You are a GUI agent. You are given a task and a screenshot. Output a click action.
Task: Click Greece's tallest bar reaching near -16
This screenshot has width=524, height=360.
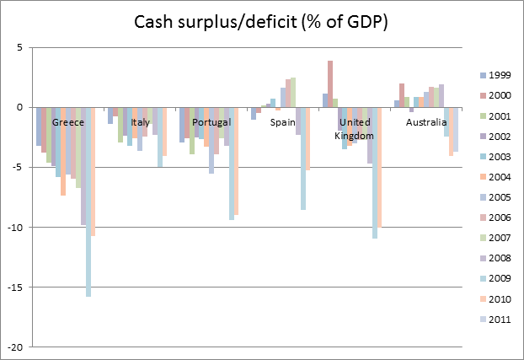click(88, 202)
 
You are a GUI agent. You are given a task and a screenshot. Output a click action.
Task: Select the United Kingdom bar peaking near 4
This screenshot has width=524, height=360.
click(330, 84)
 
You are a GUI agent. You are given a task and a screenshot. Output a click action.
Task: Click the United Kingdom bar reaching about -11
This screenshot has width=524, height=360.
click(374, 173)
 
